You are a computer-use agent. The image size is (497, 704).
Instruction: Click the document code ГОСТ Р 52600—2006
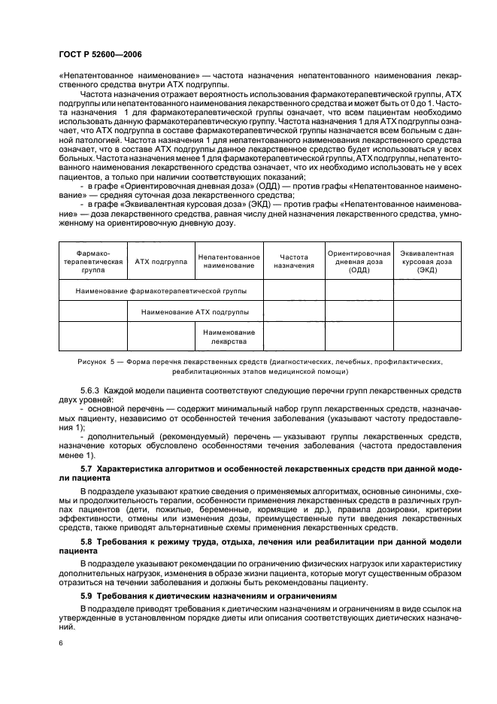[100, 54]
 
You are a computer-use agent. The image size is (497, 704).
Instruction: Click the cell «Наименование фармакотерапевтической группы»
[160, 290]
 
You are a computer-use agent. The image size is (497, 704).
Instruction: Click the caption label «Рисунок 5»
[97, 362]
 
